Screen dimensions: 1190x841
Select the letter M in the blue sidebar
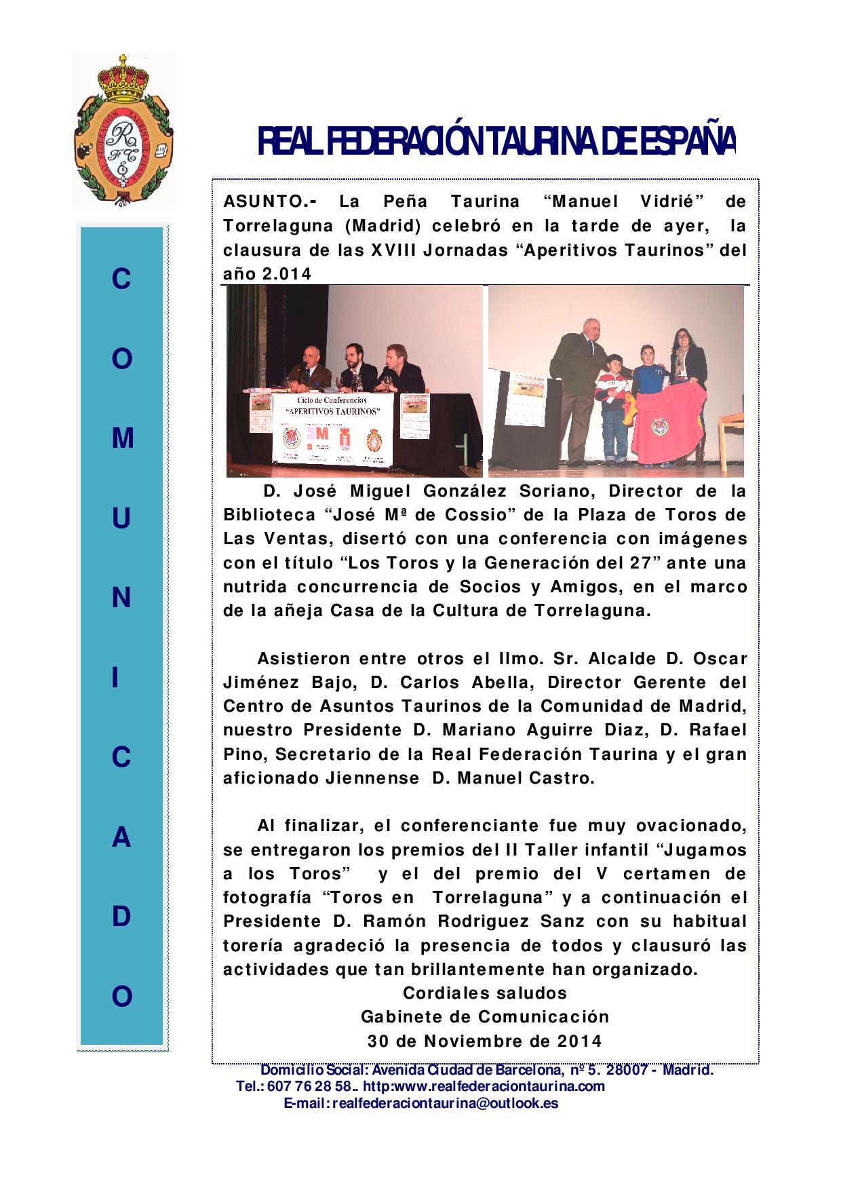[x=122, y=439]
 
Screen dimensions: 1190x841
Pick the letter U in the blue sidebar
[x=121, y=519]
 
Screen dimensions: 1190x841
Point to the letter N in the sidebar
[x=121, y=598]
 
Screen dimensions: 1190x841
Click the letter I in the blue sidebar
[x=121, y=678]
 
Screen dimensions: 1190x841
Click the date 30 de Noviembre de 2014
[x=484, y=1041]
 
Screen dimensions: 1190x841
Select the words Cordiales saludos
[x=484, y=993]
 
